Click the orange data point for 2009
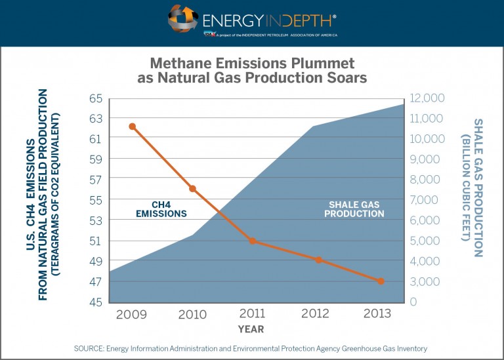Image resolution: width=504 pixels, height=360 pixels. (132, 126)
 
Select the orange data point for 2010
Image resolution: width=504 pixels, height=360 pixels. (193, 189)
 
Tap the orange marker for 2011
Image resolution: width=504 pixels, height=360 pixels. (253, 241)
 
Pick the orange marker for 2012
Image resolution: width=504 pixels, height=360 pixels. (319, 260)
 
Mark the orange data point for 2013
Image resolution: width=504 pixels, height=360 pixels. (381, 281)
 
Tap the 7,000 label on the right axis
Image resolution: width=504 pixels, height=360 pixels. (426, 200)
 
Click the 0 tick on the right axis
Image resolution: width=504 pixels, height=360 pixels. (414, 302)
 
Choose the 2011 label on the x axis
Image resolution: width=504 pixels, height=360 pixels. (253, 313)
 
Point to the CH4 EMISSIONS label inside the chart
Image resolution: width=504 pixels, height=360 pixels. (161, 209)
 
